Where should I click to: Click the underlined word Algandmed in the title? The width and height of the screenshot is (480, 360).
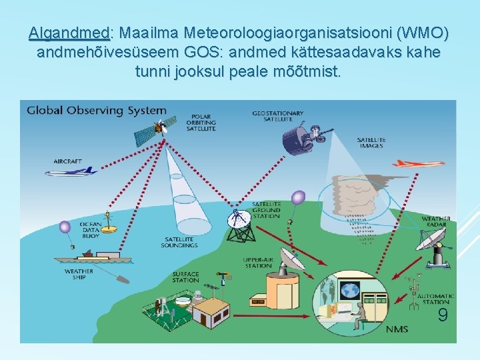69,33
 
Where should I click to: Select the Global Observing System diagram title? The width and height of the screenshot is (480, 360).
97,110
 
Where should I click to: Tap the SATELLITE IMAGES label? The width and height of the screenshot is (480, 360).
370,143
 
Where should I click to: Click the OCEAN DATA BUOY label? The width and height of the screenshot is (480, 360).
90,229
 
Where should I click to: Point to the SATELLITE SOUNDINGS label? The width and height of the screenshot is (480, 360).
179,242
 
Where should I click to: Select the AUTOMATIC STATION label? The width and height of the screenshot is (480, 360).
439,299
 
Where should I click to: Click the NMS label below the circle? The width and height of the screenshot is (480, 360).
397,329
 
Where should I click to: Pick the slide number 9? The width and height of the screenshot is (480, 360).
442,315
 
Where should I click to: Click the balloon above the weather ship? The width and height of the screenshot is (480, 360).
65,227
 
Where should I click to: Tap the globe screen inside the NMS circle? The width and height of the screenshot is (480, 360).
349,290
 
